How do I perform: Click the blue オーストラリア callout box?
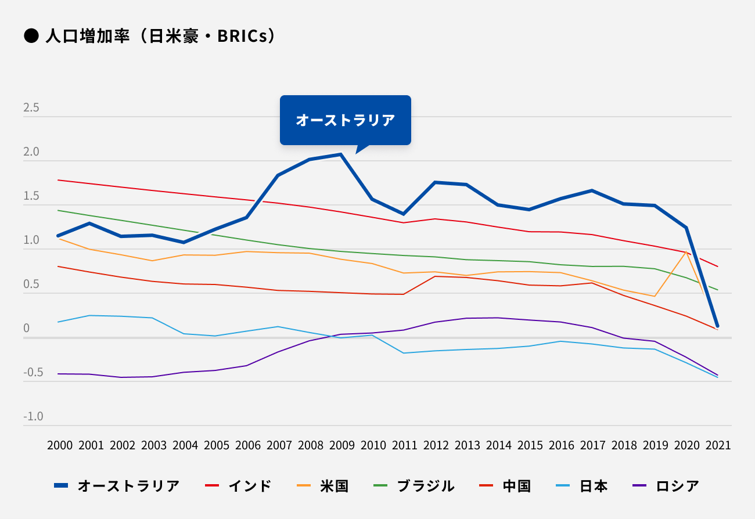point(345,120)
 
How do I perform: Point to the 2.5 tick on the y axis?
point(31,108)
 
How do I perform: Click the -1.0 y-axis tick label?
point(33,416)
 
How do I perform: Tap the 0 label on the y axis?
point(26,328)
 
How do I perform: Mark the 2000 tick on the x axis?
point(60,445)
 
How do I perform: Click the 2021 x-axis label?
point(717,445)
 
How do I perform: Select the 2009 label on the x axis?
point(341,445)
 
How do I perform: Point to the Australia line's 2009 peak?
point(340,154)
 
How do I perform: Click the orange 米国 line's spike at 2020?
point(686,252)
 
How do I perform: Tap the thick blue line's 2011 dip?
point(404,214)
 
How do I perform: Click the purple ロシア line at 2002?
point(121,377)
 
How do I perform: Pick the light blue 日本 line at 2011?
point(404,353)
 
